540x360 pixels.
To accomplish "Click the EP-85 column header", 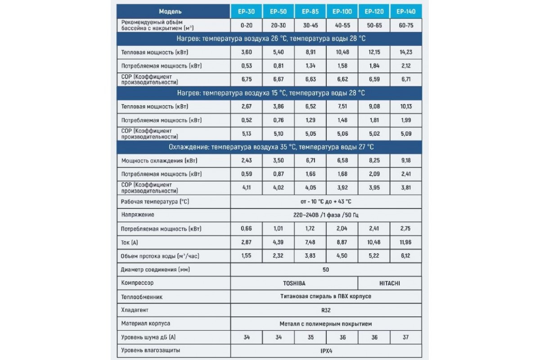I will click(x=310, y=11).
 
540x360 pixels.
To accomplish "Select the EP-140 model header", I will click(x=406, y=11).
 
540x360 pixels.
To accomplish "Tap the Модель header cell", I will click(x=173, y=11).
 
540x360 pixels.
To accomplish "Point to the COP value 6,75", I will click(x=246, y=80).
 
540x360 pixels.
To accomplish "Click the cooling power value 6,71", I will click(x=310, y=161).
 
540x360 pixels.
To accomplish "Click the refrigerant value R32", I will click(x=326, y=310).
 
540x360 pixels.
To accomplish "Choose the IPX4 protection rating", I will click(x=326, y=351).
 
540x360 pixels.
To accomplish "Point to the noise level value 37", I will click(x=406, y=337).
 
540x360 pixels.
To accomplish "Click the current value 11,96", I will click(x=406, y=243).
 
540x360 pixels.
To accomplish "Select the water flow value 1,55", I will click(x=246, y=256).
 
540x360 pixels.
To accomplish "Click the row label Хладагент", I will click(x=135, y=310).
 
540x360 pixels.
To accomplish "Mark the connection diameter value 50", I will click(x=326, y=270).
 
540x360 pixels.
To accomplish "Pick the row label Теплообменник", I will click(x=142, y=297).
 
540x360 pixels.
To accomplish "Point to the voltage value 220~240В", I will click(x=326, y=215).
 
